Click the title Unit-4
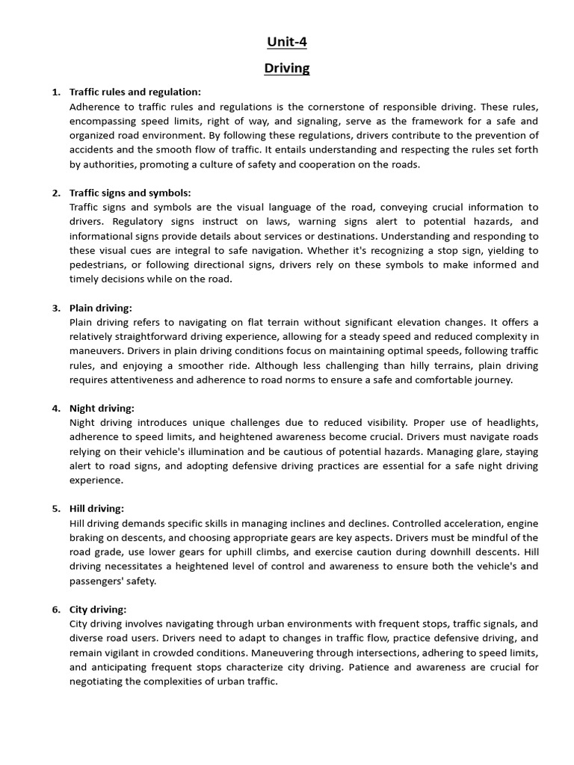(287, 43)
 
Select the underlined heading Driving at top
(287, 69)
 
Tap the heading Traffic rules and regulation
(135, 92)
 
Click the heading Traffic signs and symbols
(130, 193)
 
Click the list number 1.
(56, 92)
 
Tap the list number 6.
(56, 610)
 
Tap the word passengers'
(99, 581)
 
